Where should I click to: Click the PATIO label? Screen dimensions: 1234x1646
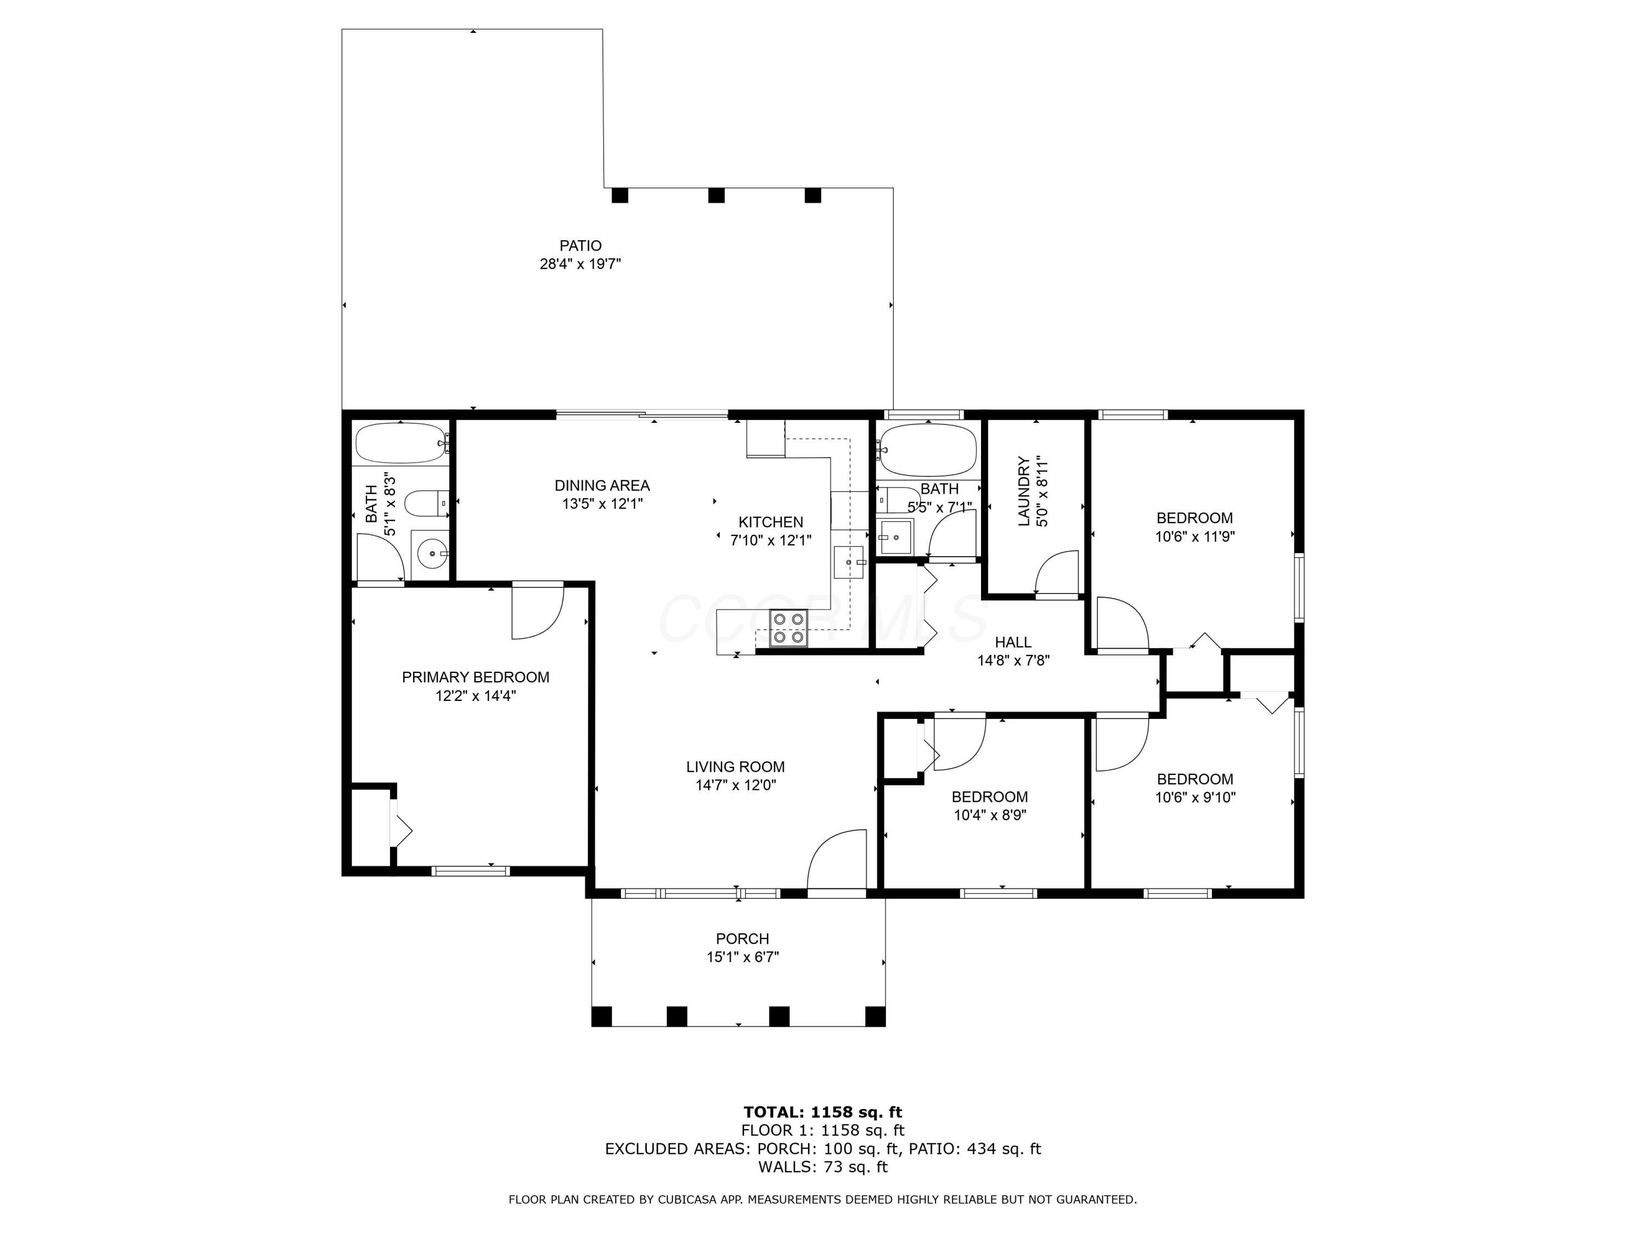point(580,246)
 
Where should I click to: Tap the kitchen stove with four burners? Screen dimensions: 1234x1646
point(788,627)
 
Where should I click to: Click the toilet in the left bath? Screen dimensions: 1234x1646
point(426,503)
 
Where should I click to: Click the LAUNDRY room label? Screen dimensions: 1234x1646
point(1024,491)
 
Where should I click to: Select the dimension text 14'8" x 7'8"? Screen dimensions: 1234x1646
point(1013,660)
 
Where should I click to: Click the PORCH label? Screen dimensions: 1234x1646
point(742,939)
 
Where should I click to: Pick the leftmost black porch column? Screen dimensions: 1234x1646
point(601,1016)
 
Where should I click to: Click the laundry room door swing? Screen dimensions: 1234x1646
point(1057,574)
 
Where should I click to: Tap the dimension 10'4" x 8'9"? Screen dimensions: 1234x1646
point(990,814)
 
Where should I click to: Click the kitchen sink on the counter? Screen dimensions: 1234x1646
point(849,562)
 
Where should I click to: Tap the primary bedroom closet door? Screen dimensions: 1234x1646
point(401,825)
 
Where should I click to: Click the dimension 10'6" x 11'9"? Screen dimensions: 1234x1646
point(1194,536)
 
